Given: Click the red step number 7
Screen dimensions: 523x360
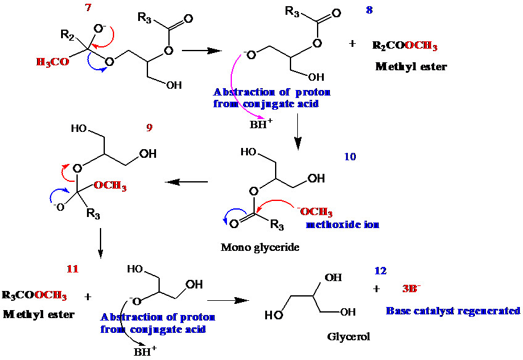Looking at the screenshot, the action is coord(88,7).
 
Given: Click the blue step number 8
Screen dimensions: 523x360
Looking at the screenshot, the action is coord(369,10).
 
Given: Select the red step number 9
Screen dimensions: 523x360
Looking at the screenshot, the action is coord(149,128).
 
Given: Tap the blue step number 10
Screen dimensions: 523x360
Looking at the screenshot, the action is coord(350,157).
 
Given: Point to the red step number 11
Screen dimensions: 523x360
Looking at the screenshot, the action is coord(72,269).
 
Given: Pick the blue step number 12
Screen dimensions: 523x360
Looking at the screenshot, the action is coord(381,271).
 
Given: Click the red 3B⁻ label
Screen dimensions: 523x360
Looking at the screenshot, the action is coord(411,288).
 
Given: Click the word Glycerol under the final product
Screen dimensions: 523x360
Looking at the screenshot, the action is coord(348,337).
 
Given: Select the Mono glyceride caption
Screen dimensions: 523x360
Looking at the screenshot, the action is coord(260,247).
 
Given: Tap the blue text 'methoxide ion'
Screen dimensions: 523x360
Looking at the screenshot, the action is coord(342,224).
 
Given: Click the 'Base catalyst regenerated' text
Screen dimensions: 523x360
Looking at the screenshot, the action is coord(453,311).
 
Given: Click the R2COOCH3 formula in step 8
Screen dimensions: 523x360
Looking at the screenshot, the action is coord(405,46).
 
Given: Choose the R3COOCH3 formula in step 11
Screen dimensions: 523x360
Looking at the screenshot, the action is coord(35,295).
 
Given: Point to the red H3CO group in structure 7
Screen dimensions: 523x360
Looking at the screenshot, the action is coord(52,62).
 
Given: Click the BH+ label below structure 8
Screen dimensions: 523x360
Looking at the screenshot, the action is coord(261,124).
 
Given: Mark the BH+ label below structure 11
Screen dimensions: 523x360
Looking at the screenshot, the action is coord(145,351).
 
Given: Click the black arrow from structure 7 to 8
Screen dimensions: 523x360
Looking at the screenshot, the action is coord(202,51).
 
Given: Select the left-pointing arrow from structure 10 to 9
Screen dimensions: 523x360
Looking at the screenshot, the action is coord(186,182).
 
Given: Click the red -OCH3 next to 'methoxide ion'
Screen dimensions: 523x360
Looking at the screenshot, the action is coord(316,211).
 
